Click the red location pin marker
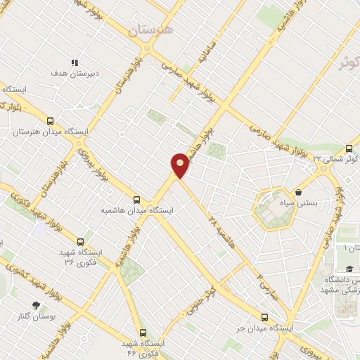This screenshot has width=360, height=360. click(180, 166)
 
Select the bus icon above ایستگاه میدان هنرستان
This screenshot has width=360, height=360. click(50, 121)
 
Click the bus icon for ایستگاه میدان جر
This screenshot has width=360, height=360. click(265, 317)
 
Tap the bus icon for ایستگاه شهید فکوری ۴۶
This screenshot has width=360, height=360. click(143, 333)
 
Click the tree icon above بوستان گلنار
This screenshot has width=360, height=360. click(35, 305)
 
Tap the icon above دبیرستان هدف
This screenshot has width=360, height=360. click(75, 62)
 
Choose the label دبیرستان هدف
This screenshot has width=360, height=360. click(68, 72)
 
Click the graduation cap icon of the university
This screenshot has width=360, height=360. click(349, 269)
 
